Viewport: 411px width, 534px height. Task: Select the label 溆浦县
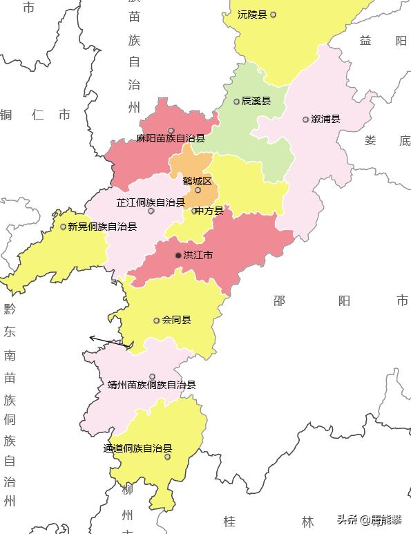coord(325,120)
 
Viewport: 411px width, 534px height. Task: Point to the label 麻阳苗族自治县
coord(171,138)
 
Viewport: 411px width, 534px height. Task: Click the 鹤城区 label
coord(197,181)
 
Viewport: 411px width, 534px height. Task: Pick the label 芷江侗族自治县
coord(151,202)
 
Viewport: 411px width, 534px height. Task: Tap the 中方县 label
coord(209,211)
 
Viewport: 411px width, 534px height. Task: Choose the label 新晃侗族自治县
coord(102,227)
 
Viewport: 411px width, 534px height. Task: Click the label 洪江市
coord(198,256)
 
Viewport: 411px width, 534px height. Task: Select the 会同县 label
coord(176,321)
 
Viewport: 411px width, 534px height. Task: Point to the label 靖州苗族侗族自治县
coord(152,385)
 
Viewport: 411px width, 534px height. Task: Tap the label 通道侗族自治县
coord(137,448)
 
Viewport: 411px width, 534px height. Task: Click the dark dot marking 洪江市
coord(178,256)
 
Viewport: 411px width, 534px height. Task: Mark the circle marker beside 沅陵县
coord(273,15)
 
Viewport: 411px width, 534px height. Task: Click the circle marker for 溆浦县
coord(305,120)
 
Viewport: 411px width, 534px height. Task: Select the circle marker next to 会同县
coord(157,321)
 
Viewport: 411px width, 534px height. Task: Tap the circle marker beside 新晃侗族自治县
coord(63,227)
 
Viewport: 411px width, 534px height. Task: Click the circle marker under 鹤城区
coord(198,190)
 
